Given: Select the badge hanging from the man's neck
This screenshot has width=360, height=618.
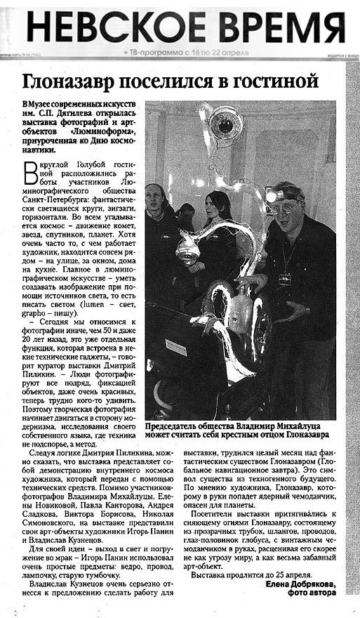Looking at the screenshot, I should [x=285, y=279].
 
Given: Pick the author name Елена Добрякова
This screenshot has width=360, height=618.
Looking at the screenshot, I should [x=302, y=584].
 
